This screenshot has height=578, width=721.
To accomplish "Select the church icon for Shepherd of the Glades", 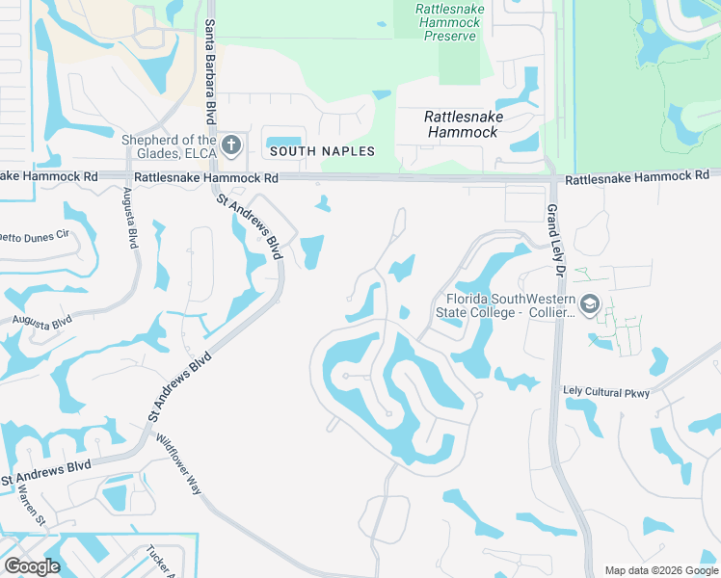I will coord(230,145).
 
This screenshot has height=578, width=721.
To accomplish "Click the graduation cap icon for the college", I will coord(590,305).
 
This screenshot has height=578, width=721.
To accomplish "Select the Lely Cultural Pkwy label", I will coord(606,392).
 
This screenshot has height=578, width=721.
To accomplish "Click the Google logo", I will coord(32,566).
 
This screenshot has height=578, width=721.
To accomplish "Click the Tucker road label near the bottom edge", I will coord(157,562).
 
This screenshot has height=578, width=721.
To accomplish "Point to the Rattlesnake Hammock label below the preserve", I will coord(462,123).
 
